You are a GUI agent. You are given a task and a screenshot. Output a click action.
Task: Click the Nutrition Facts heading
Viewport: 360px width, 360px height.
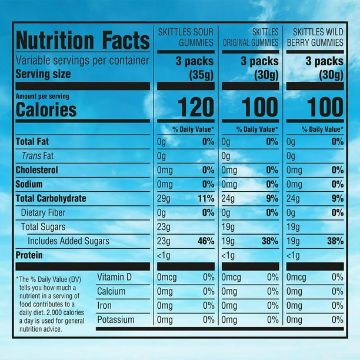[82, 41]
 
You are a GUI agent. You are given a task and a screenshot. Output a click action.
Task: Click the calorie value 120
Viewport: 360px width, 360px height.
[196, 108]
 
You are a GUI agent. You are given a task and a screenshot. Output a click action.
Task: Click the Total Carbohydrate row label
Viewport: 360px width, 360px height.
[51, 198]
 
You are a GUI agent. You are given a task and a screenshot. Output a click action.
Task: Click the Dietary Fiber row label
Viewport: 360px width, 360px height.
[44, 212]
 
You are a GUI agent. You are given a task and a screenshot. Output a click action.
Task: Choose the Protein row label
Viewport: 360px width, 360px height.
[32, 255]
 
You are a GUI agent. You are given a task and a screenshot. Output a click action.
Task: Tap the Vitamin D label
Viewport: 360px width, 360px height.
[116, 277]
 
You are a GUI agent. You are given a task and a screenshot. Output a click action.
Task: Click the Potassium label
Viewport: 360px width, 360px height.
[116, 319]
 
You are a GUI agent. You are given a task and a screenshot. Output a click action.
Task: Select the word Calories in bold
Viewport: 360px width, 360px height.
[46, 109]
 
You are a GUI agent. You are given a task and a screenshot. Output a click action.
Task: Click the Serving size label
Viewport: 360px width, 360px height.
[43, 74]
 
